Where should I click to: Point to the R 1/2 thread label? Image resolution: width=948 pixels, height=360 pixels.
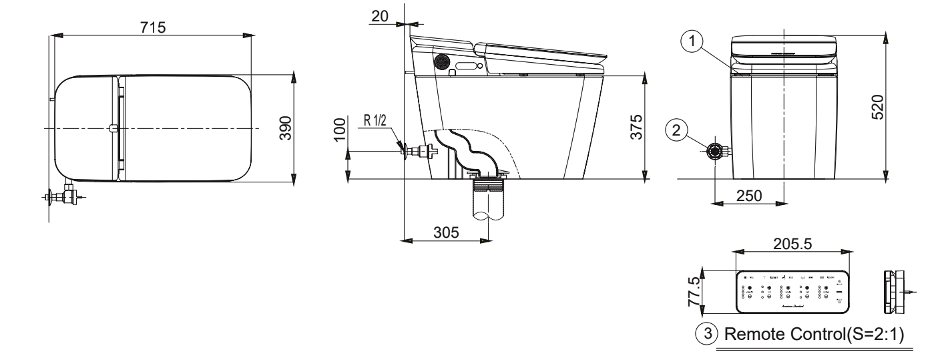click(375, 123)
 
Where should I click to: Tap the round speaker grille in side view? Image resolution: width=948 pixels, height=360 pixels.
click(441, 61)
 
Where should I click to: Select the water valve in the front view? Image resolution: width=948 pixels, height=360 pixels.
click(717, 152)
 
